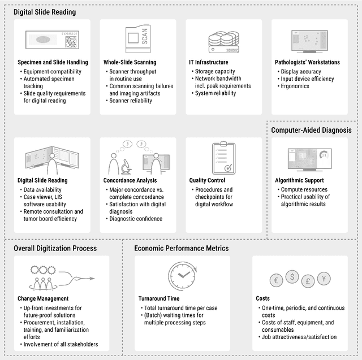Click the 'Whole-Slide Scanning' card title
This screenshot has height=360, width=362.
130,62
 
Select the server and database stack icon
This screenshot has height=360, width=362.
223,41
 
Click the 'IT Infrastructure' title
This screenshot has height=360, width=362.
209,62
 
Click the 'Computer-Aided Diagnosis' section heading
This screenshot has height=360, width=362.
311,130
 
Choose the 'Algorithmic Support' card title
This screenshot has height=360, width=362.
299,180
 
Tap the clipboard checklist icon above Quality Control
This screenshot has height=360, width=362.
223,158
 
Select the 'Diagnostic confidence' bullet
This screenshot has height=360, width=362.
136,219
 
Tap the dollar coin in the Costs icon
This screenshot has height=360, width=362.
292,276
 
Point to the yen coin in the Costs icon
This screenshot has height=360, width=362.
324,278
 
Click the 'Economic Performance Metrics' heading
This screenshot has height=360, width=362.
181,248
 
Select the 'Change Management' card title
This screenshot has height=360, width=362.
43,298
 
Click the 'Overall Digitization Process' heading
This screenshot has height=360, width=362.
55,248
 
